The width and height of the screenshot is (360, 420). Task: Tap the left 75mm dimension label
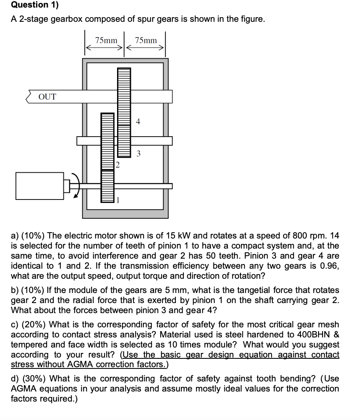[x=106, y=40]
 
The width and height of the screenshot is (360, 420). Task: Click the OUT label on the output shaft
[x=47, y=97]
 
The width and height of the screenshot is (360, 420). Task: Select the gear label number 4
[x=138, y=122]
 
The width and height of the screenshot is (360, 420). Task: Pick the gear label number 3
[x=138, y=153]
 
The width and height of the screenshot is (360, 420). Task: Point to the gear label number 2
[x=117, y=165]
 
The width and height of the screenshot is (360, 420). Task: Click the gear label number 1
[x=118, y=200]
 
